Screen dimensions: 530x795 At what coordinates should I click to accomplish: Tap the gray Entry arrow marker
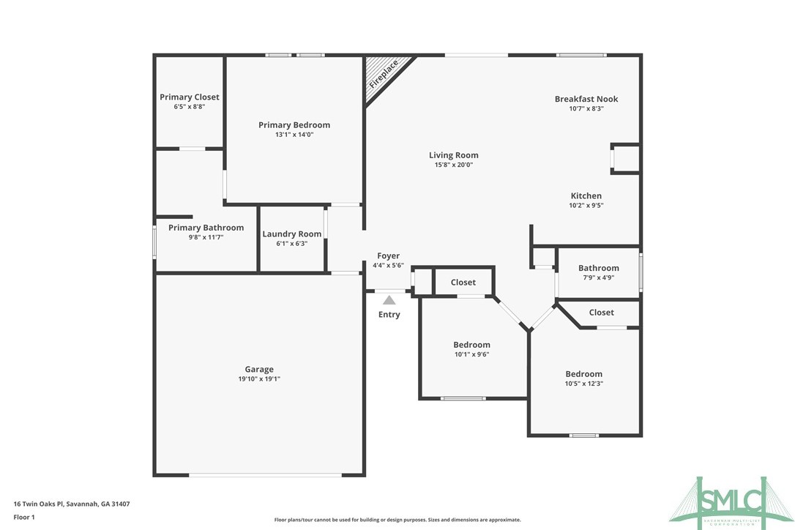pos(389,299)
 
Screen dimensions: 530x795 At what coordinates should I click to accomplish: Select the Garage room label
pos(259,370)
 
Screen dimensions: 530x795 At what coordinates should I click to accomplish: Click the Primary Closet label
pos(190,97)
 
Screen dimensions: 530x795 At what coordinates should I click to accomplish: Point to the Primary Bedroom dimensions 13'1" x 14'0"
pos(294,135)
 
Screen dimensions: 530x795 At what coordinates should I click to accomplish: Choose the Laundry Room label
pos(292,234)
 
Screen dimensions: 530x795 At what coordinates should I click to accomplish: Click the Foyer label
pos(388,256)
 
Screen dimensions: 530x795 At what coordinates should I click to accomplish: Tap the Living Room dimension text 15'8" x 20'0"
pos(453,165)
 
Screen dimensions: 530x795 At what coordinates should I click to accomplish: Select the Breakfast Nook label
pos(586,99)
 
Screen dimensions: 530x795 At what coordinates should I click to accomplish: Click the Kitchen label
pos(586,195)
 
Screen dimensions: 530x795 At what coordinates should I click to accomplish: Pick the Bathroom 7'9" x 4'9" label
pos(599,268)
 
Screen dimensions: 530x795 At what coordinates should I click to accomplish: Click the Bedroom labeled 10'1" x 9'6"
pos(471,345)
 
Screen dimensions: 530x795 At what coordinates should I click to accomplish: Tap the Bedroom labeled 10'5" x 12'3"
pos(583,374)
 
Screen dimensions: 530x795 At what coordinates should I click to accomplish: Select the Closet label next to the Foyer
pos(463,283)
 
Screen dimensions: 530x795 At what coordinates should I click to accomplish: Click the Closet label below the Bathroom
pos(602,313)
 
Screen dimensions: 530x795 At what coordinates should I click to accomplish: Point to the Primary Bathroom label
pos(206,228)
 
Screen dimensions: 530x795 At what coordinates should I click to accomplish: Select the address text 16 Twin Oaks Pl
pos(72,504)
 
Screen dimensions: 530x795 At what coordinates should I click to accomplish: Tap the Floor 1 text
pos(24,517)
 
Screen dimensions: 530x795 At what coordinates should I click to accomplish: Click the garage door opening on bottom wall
pos(265,475)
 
